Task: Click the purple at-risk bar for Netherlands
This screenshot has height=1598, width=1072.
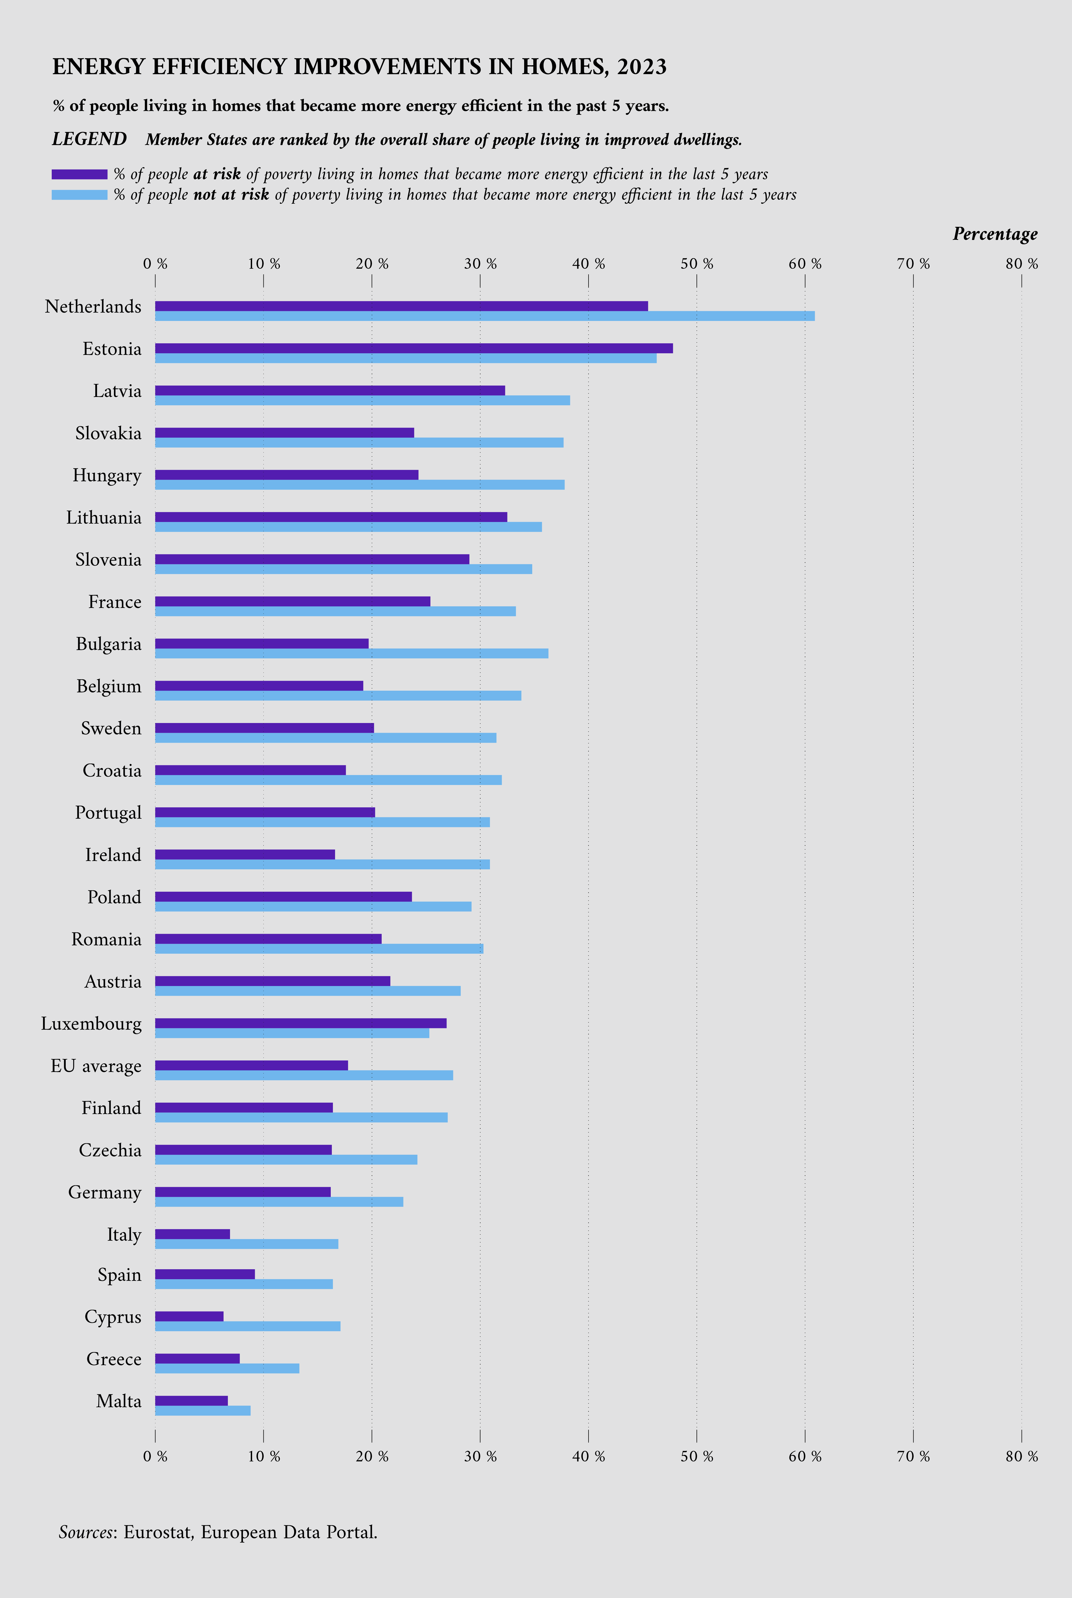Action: (401, 306)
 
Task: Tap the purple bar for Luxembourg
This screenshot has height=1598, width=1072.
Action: (301, 1023)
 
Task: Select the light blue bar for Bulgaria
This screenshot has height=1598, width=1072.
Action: (351, 653)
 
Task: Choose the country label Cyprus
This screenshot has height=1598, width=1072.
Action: (113, 1317)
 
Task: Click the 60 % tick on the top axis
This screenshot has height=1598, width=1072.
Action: (805, 264)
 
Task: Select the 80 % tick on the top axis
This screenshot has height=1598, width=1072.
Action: (1021, 264)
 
